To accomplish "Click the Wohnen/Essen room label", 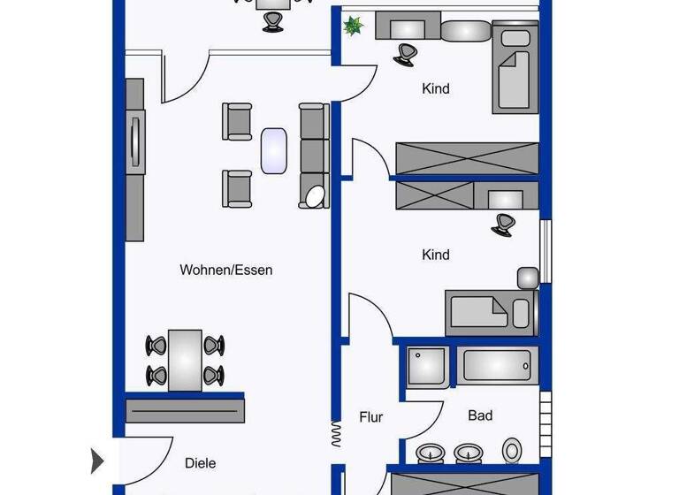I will coord(225,270).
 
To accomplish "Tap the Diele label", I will coord(201,462).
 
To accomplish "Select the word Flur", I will coord(370,416).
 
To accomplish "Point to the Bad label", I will coord(480,415).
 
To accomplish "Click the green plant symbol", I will coord(354,27).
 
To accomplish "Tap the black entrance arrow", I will coord(98,461).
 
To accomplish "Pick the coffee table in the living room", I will coord(274,150).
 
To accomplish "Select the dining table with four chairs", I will coord(186,360).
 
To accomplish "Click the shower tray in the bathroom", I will coord(428,364).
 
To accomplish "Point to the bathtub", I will coord(496,364).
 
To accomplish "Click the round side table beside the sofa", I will coord(314,195).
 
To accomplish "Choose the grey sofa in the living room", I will coord(314,146).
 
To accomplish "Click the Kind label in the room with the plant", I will coord(436,88).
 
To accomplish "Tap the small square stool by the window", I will coord(529,278).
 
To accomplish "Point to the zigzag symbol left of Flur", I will coord(335,432).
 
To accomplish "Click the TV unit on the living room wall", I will coord(134,159).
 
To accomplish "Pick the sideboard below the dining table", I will coord(185,408).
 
